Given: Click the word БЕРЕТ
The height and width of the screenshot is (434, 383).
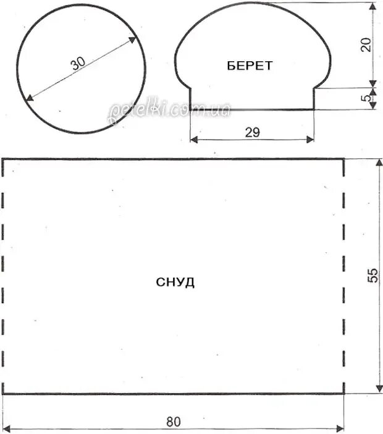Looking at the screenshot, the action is click(250, 66).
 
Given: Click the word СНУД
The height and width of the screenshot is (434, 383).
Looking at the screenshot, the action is click(175, 283).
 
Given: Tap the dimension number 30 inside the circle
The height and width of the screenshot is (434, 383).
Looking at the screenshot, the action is click(78, 64).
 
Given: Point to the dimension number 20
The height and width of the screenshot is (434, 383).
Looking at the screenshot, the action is click(366, 45).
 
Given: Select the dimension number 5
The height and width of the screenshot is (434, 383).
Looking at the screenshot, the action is click(366, 98).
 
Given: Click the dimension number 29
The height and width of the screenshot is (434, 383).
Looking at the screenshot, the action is click(252, 132).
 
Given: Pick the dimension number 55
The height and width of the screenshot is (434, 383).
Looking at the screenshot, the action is click(372, 276).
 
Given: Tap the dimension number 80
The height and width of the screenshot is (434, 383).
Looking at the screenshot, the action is click(174, 422).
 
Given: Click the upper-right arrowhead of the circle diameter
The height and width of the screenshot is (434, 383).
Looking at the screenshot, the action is click(135, 39).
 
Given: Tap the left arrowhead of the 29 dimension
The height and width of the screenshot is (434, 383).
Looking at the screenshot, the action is click(193, 140).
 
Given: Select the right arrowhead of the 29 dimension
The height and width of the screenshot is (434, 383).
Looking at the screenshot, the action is click(311, 140).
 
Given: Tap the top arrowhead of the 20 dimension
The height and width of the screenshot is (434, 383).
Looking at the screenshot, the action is click(374, 5).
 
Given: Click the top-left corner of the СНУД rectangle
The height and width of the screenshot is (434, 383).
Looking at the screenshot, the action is click(3, 159).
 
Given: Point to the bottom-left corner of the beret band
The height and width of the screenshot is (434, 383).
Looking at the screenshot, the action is click(190, 109).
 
